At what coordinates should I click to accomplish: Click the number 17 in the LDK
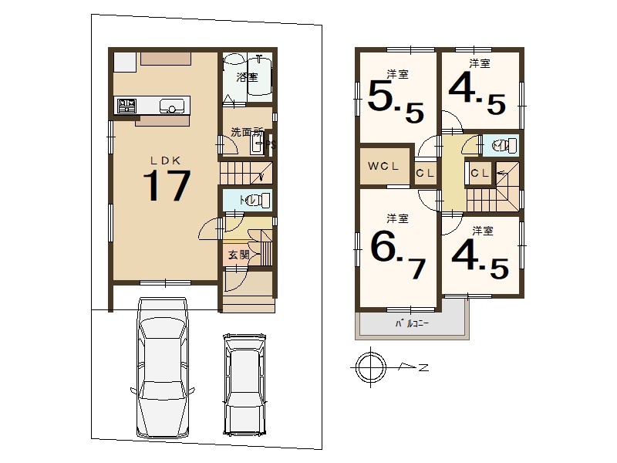[x=167, y=185]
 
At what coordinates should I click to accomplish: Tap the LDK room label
[x=166, y=161]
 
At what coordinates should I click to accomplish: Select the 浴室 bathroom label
[x=247, y=77]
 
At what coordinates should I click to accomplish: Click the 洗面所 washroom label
[x=247, y=132]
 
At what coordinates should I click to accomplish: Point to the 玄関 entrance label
[x=239, y=255]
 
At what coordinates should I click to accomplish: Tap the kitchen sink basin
[x=171, y=106]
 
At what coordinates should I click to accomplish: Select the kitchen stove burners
[x=126, y=106]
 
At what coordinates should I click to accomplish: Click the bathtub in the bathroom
[x=260, y=76]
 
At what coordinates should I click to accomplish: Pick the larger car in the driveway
[x=163, y=367]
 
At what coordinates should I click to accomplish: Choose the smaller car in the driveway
[x=244, y=384]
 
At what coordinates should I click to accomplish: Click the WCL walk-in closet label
[x=383, y=166]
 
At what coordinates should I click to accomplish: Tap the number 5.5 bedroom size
[x=396, y=102]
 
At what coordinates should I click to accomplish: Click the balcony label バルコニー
[x=412, y=323]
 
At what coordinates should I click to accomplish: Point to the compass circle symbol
[x=371, y=367]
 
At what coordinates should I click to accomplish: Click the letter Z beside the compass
[x=423, y=368]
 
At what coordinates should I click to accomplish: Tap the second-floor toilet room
[x=501, y=145]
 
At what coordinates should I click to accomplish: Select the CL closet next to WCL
[x=425, y=173]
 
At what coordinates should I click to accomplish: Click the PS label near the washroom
[x=271, y=145]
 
